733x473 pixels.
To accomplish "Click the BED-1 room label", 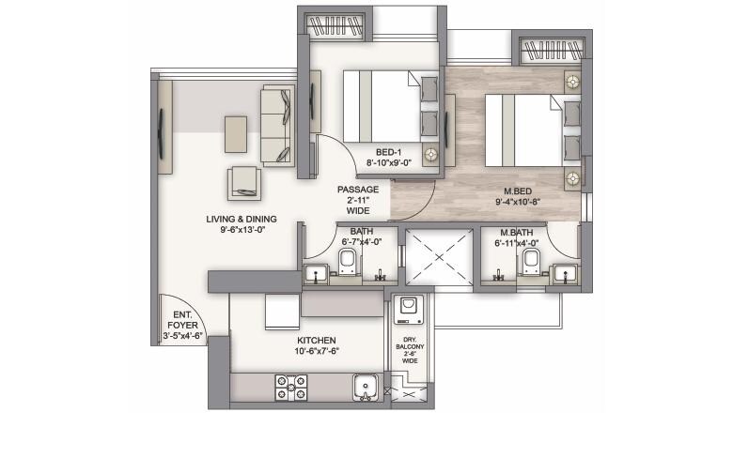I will (x=389, y=151).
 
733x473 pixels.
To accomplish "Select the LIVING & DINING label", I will (x=242, y=220).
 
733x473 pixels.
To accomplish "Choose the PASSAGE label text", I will (x=357, y=189).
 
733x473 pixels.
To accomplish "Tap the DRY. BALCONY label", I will (x=410, y=345).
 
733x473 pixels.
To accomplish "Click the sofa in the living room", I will (x=277, y=127).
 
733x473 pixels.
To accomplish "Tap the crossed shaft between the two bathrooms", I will (x=436, y=258).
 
